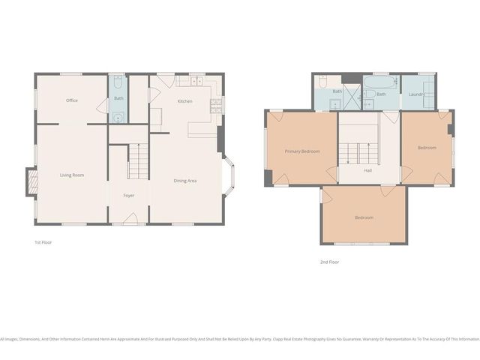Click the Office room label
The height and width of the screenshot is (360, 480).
72,100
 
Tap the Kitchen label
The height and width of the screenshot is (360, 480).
185,101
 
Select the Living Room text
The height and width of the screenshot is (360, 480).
72,175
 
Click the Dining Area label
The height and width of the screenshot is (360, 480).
185,181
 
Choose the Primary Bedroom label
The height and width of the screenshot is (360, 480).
302,151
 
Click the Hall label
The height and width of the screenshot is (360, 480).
368,171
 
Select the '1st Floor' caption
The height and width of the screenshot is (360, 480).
43,242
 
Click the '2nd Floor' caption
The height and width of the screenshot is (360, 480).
329,262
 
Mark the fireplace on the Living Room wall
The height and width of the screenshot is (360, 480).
31,182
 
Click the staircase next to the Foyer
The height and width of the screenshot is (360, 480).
138,162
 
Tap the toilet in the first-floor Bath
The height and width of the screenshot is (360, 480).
118,118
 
